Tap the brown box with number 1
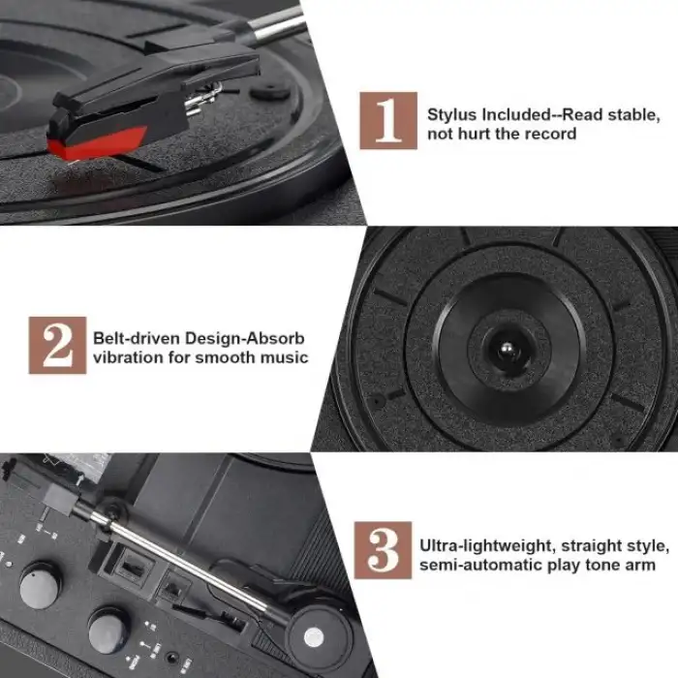coord(388,120)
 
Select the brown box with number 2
coord(57,346)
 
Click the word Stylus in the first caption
coord(451,113)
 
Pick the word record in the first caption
coord(549,134)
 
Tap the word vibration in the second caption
coord(128,357)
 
